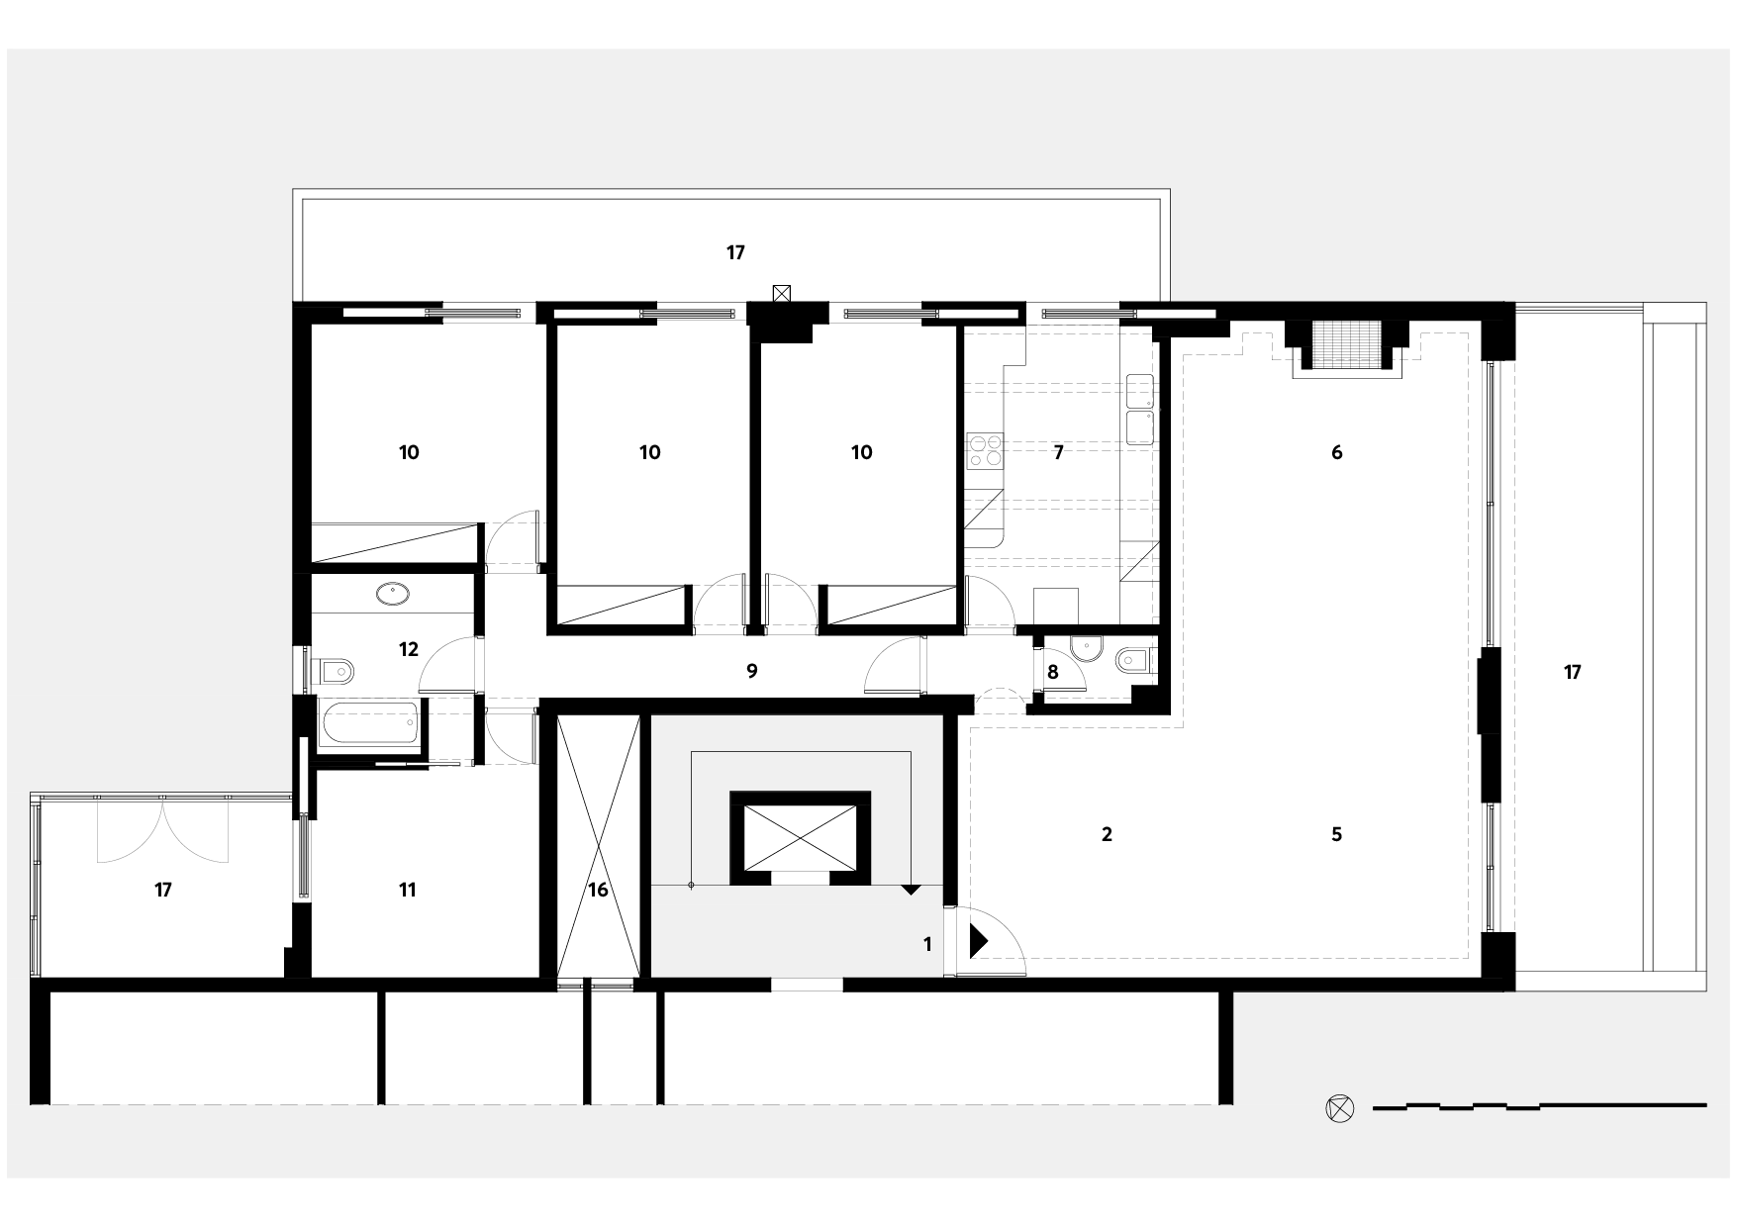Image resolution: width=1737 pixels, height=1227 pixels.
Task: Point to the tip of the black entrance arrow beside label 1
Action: tap(989, 941)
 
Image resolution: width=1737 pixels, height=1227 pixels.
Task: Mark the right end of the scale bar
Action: tap(1706, 1104)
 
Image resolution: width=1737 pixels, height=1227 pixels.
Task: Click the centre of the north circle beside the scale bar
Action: tap(1338, 1108)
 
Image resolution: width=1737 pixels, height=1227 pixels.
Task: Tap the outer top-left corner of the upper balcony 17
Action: tap(293, 190)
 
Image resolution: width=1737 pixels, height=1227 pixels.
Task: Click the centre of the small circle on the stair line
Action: tap(691, 884)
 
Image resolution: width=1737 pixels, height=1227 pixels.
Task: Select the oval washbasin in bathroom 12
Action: tap(393, 594)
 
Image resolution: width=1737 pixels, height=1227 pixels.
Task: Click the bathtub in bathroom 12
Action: tap(370, 722)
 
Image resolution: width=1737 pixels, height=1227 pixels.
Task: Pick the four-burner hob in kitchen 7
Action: tap(985, 451)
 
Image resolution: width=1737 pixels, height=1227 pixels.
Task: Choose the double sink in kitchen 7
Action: tap(1140, 410)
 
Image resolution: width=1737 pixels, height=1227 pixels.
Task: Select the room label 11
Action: tap(407, 891)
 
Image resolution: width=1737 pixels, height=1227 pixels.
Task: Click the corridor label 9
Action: tap(752, 672)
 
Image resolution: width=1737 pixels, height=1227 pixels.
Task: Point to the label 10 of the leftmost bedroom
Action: tap(409, 452)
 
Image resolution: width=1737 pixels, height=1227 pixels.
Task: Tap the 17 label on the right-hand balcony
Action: tap(1572, 673)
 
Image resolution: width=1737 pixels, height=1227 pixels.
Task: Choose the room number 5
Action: tap(1336, 834)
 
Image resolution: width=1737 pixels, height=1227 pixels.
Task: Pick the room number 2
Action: tap(1107, 834)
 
